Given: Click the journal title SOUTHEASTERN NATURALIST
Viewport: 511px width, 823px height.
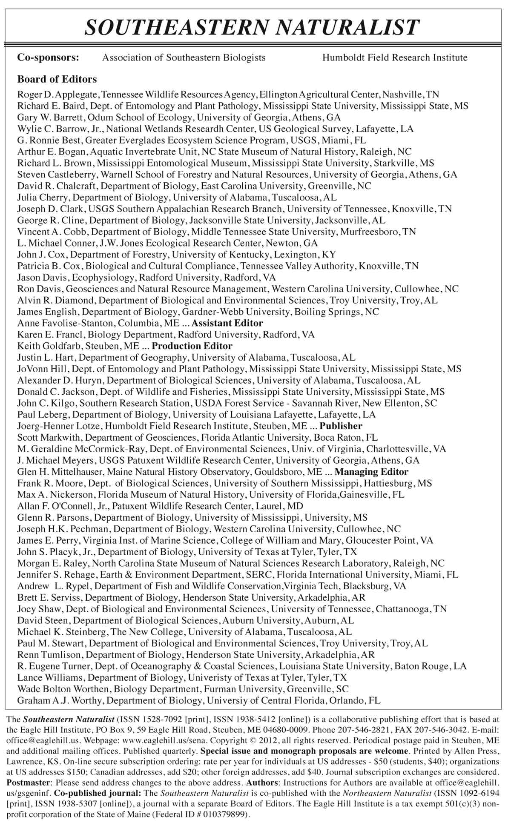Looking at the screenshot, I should pos(253,28).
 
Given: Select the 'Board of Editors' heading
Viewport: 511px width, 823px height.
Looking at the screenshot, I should pos(57,79).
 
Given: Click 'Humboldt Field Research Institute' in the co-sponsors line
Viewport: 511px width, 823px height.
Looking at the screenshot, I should pos(395,57).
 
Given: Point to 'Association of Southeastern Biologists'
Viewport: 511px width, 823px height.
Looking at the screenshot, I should pos(184,57).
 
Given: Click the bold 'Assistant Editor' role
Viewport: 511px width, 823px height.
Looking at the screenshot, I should pos(227,323).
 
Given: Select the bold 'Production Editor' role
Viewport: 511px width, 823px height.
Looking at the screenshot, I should pos(192,346).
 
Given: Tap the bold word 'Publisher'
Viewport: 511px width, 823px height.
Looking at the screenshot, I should pos(341,426).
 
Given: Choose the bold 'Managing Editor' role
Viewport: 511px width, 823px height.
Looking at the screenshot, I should pos(371,472).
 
